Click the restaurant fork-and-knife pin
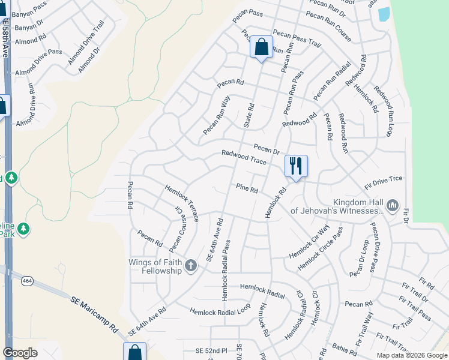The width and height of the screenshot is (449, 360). pyautogui.click(x=295, y=166)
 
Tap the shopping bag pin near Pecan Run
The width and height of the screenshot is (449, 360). pyautogui.click(x=261, y=47)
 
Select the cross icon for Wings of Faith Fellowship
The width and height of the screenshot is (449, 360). pyautogui.click(x=191, y=266)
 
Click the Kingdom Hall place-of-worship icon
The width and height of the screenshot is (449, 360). pyautogui.click(x=393, y=206)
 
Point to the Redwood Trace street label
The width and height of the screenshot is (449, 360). pyautogui.click(x=243, y=157)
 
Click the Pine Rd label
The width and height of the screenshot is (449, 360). pyautogui.click(x=247, y=189)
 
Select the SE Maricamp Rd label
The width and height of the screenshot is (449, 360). pyautogui.click(x=94, y=314)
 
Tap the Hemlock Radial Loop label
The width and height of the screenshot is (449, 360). pyautogui.click(x=220, y=310)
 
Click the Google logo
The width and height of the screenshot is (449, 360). pyautogui.click(x=20, y=353)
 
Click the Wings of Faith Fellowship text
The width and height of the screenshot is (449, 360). pyautogui.click(x=155, y=266)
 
